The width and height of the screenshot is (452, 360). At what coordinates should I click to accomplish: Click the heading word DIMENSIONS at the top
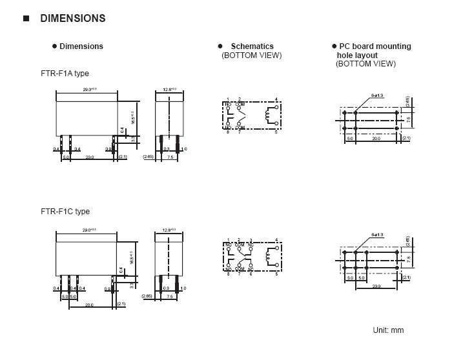72,19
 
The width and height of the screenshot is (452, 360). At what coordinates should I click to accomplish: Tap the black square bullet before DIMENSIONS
26,19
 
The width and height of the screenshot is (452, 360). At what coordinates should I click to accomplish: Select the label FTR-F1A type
65,74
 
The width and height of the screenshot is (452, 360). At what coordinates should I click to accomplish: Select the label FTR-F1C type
65,212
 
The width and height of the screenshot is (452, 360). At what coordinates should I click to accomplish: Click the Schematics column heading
252,46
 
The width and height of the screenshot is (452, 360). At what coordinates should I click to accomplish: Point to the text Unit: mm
388,330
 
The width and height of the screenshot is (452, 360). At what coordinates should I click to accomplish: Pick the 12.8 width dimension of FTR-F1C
170,230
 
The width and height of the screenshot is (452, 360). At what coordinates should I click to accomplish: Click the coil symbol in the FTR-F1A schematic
267,116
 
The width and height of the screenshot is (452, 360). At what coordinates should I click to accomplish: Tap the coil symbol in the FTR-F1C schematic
267,258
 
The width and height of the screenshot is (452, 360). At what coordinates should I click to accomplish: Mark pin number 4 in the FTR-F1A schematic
276,99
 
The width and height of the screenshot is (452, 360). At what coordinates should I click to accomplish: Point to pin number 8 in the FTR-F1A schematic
228,132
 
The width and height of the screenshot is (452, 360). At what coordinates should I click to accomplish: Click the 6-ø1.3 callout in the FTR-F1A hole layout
377,95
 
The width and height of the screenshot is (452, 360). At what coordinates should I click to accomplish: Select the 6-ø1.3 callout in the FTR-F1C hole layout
377,235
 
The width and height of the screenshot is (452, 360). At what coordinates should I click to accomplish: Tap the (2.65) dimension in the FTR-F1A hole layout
407,101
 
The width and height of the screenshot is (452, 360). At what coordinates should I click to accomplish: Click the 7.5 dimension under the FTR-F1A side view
170,157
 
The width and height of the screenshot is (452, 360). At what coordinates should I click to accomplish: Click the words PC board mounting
375,46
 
